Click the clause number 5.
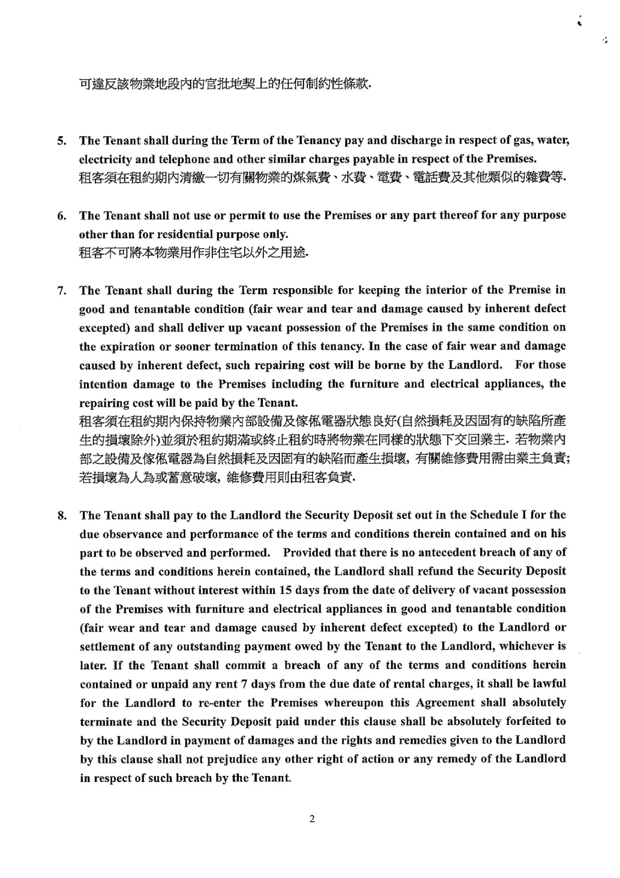pyautogui.click(x=61, y=140)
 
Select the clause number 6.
pyautogui.click(x=61, y=216)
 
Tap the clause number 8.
pyautogui.click(x=62, y=516)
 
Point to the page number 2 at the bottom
pyautogui.click(x=312, y=820)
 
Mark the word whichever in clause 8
pyautogui.click(x=527, y=646)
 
